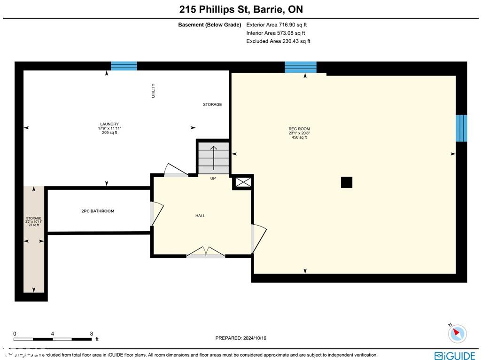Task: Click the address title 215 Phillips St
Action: (240, 9)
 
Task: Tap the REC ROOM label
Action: (299, 129)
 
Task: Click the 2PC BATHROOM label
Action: (98, 211)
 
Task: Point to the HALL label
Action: (200, 216)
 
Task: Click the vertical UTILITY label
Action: (153, 91)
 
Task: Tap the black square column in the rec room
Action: (346, 182)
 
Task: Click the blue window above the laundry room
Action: (124, 66)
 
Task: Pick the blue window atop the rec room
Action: (301, 67)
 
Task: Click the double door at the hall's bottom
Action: (206, 252)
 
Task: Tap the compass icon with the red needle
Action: (457, 333)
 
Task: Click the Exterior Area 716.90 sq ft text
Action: (277, 25)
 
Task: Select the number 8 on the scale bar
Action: (92, 334)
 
